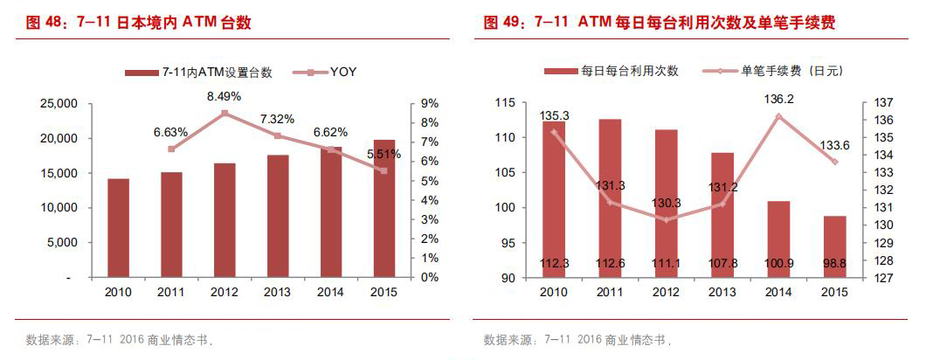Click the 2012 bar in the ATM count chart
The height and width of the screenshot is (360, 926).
225,220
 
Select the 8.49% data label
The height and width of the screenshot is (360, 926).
225,96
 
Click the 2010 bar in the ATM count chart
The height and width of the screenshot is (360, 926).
119,228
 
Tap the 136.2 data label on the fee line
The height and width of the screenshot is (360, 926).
778,100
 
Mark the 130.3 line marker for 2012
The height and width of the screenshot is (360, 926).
666,219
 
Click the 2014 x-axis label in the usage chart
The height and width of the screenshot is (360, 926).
777,291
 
